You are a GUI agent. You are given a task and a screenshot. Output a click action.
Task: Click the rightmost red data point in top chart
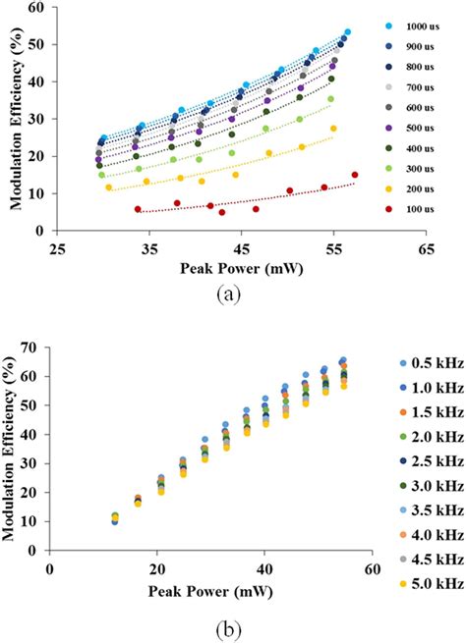(354, 176)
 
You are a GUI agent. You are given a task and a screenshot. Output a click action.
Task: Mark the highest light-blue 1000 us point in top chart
(347, 32)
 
